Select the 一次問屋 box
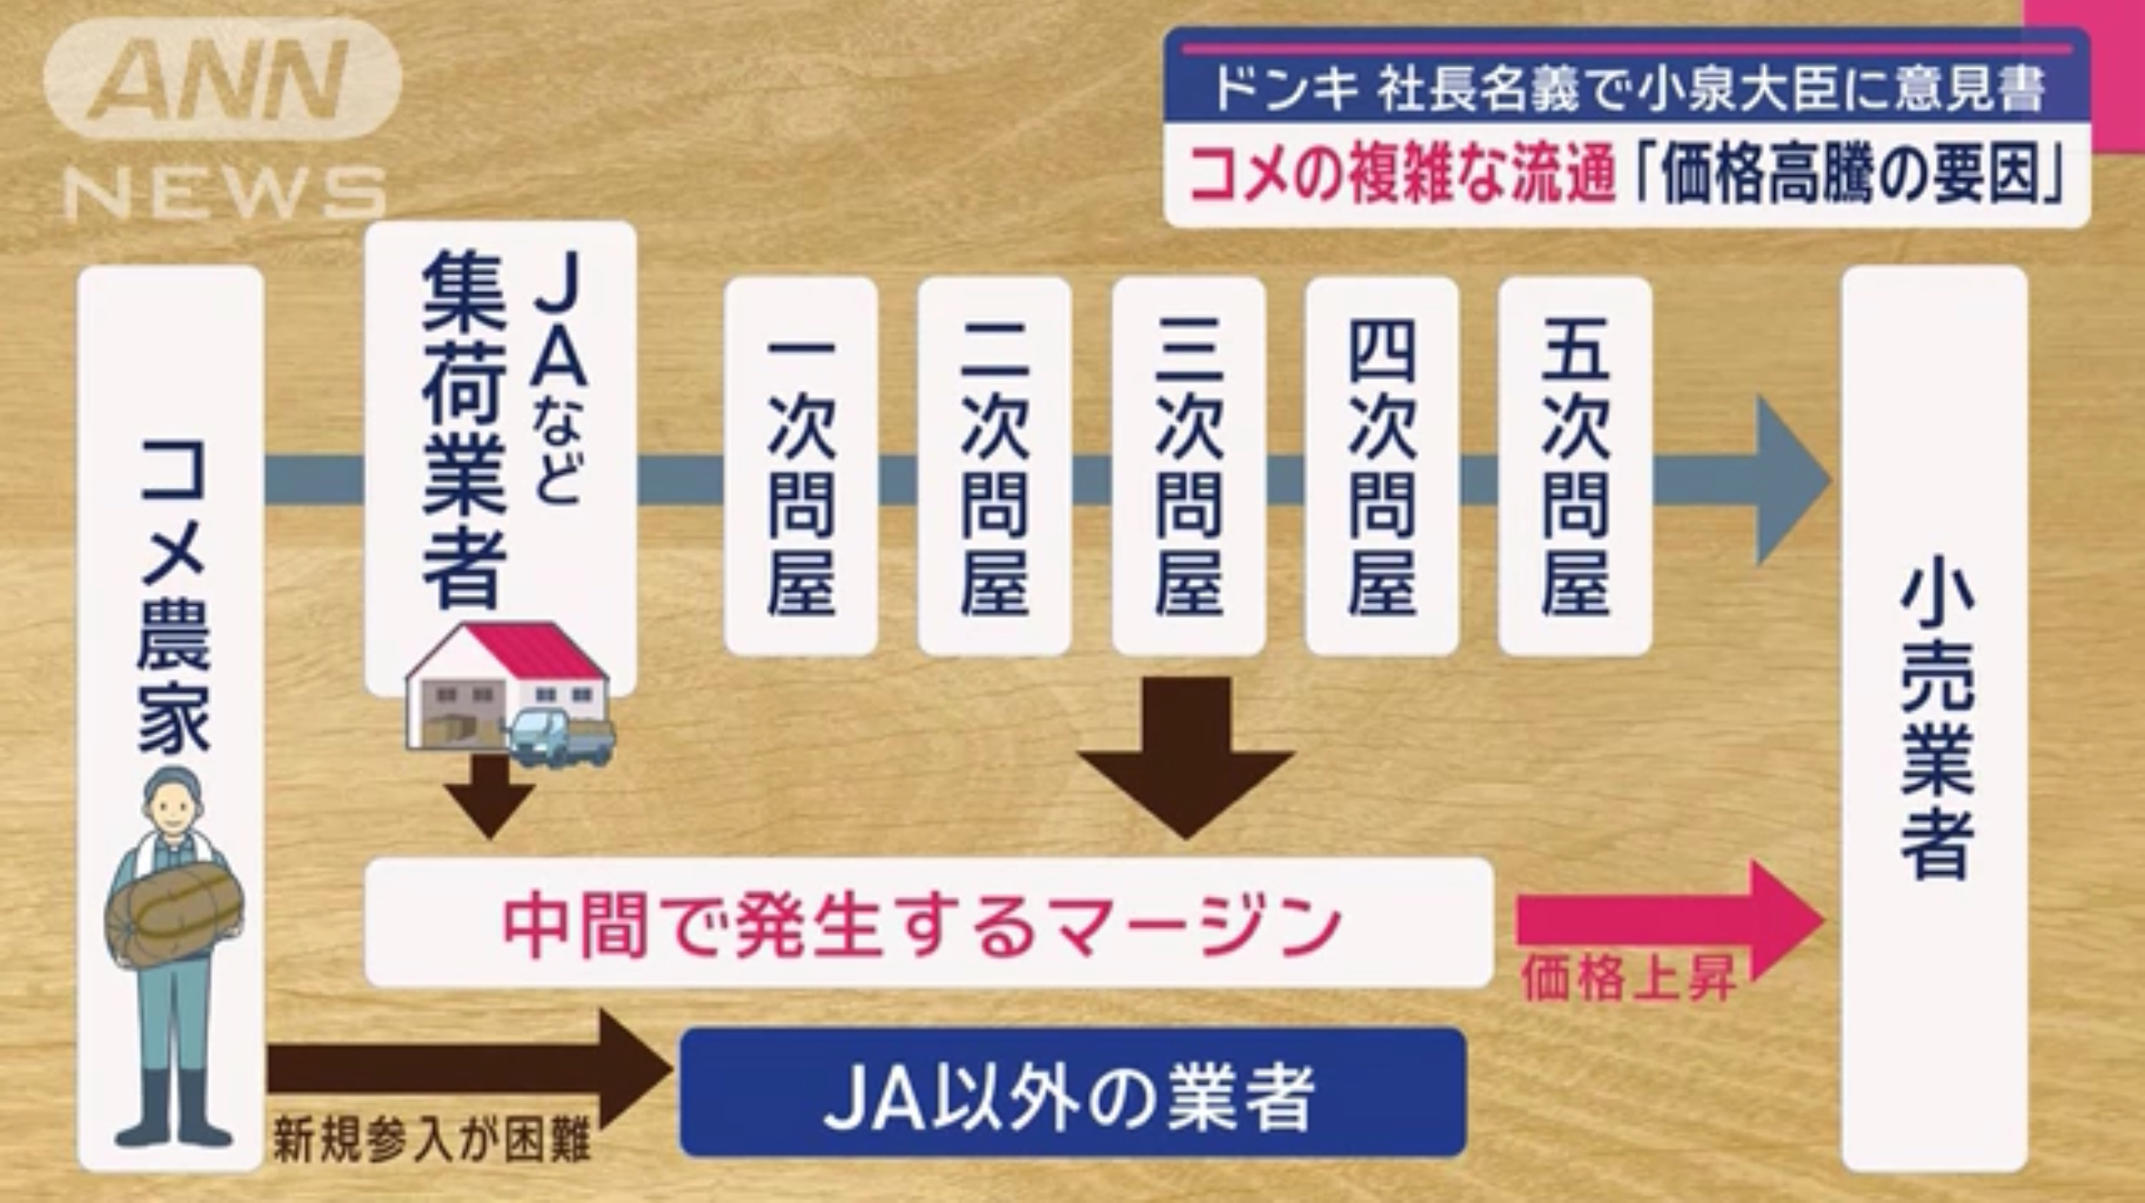(801, 466)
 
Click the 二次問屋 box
(994, 466)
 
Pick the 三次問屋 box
(1189, 466)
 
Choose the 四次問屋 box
(1382, 466)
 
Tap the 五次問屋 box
(1575, 466)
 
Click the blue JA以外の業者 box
(1072, 1092)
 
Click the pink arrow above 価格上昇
(1671, 920)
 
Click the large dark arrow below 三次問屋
(1186, 756)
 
